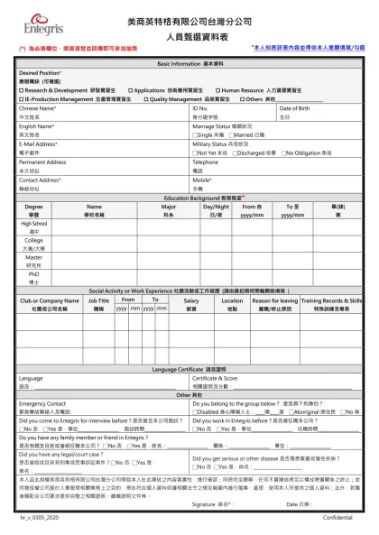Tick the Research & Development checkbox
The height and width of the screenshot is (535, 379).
pyautogui.click(x=21, y=91)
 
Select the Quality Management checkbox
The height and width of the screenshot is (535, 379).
pyautogui.click(x=146, y=99)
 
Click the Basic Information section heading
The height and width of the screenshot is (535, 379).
pyautogui.click(x=190, y=65)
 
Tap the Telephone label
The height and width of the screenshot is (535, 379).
pyautogui.click(x=206, y=162)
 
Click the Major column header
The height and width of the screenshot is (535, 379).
pyautogui.click(x=168, y=207)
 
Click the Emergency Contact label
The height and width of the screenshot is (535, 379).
pyautogui.click(x=42, y=402)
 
